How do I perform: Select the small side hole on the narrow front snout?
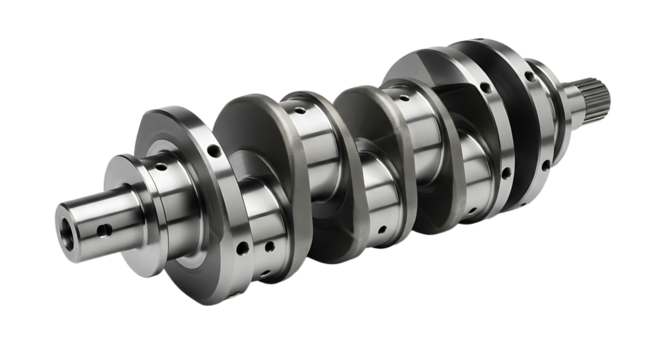(102, 228)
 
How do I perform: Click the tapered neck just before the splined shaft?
(572, 100)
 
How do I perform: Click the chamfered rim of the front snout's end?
(58, 212)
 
